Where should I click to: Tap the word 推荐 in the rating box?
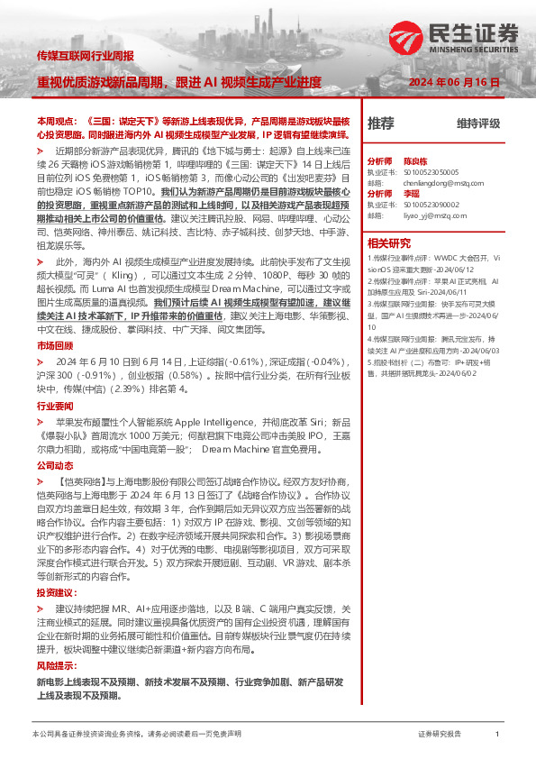pos(381,123)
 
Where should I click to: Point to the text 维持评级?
pos(477,123)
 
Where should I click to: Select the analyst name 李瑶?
pos(411,193)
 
